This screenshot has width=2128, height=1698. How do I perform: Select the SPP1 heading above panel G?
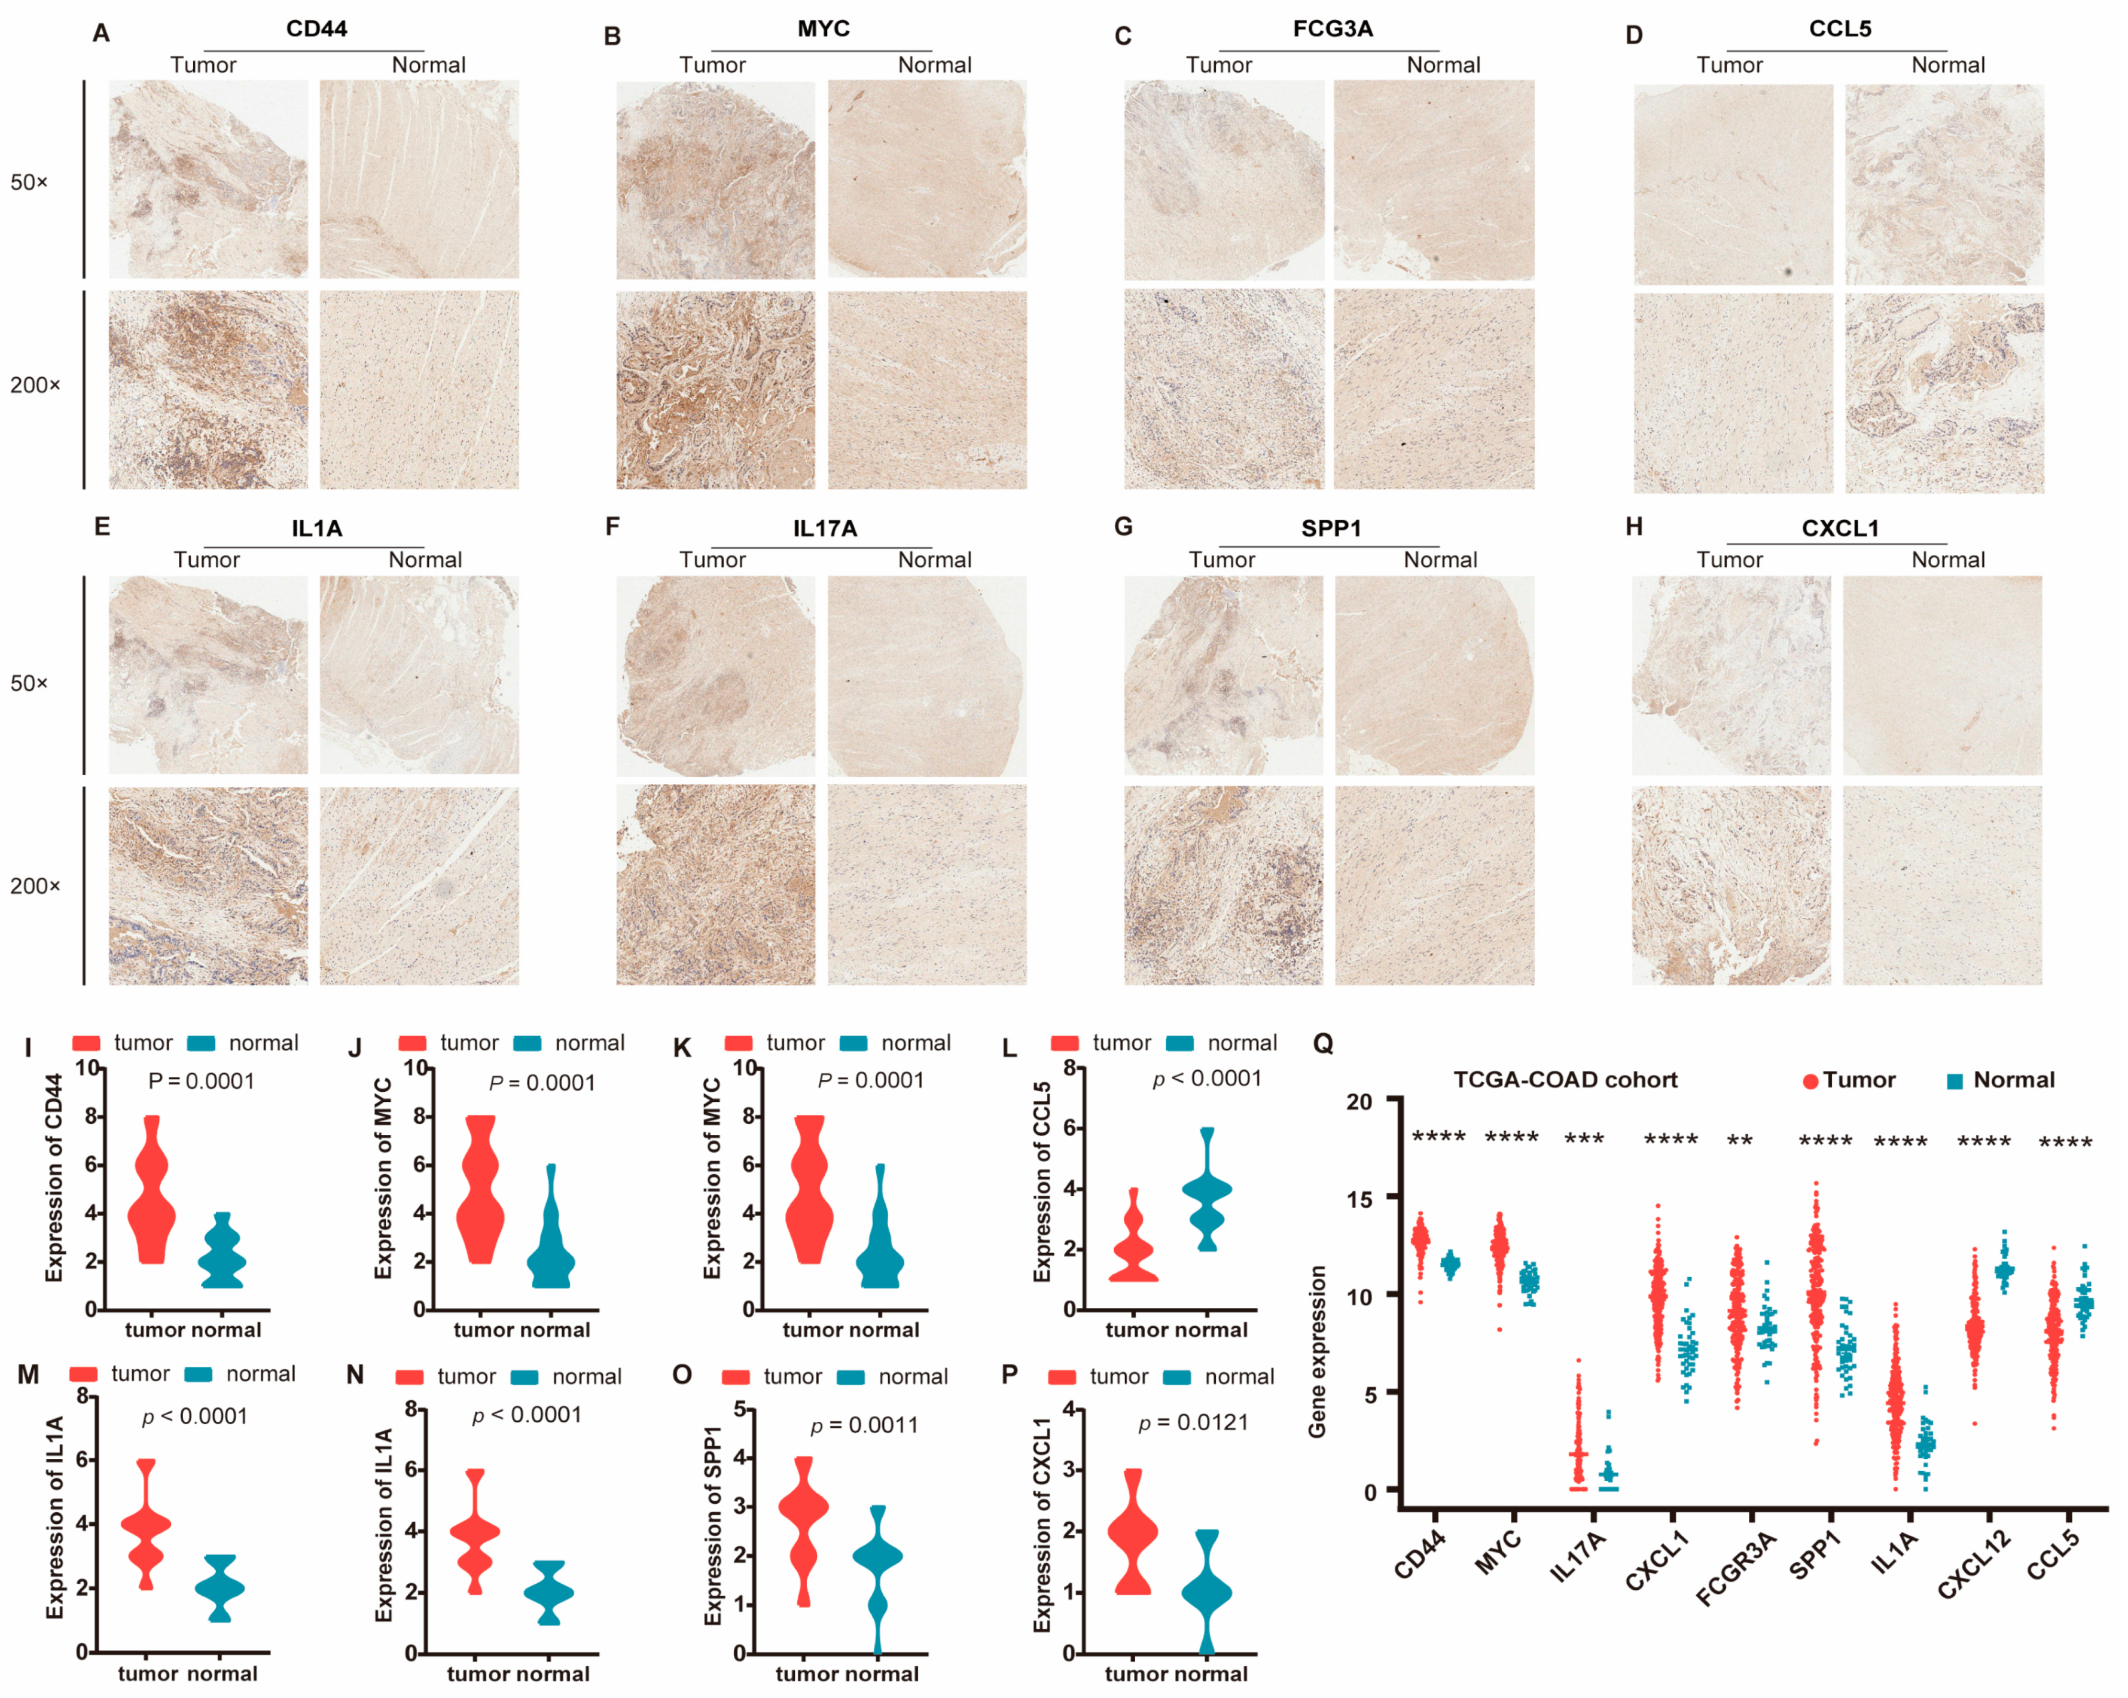[1331, 529]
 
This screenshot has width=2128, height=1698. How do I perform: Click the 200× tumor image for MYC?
[715, 390]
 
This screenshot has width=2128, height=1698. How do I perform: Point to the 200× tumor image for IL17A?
[715, 885]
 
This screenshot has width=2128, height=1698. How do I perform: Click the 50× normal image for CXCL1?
[1941, 676]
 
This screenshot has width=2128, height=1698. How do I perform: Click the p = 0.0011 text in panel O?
[864, 1426]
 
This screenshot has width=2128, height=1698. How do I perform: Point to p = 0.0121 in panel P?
[1193, 1423]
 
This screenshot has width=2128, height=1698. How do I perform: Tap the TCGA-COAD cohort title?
[1565, 1080]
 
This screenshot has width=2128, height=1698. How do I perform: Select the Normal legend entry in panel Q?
[2001, 1080]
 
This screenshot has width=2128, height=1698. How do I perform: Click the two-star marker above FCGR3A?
[1739, 1141]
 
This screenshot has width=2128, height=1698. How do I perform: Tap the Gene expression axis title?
[1316, 1352]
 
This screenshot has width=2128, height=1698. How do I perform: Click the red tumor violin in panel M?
[145, 1525]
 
